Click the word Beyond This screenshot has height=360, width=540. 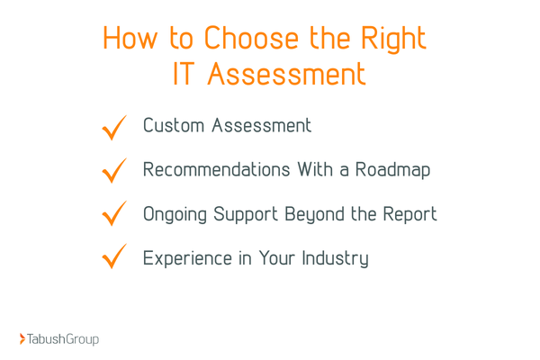tap(316, 214)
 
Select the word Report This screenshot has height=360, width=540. tap(409, 215)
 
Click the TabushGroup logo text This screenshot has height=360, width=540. tap(63, 339)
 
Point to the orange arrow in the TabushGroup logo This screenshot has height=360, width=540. tap(22, 339)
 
